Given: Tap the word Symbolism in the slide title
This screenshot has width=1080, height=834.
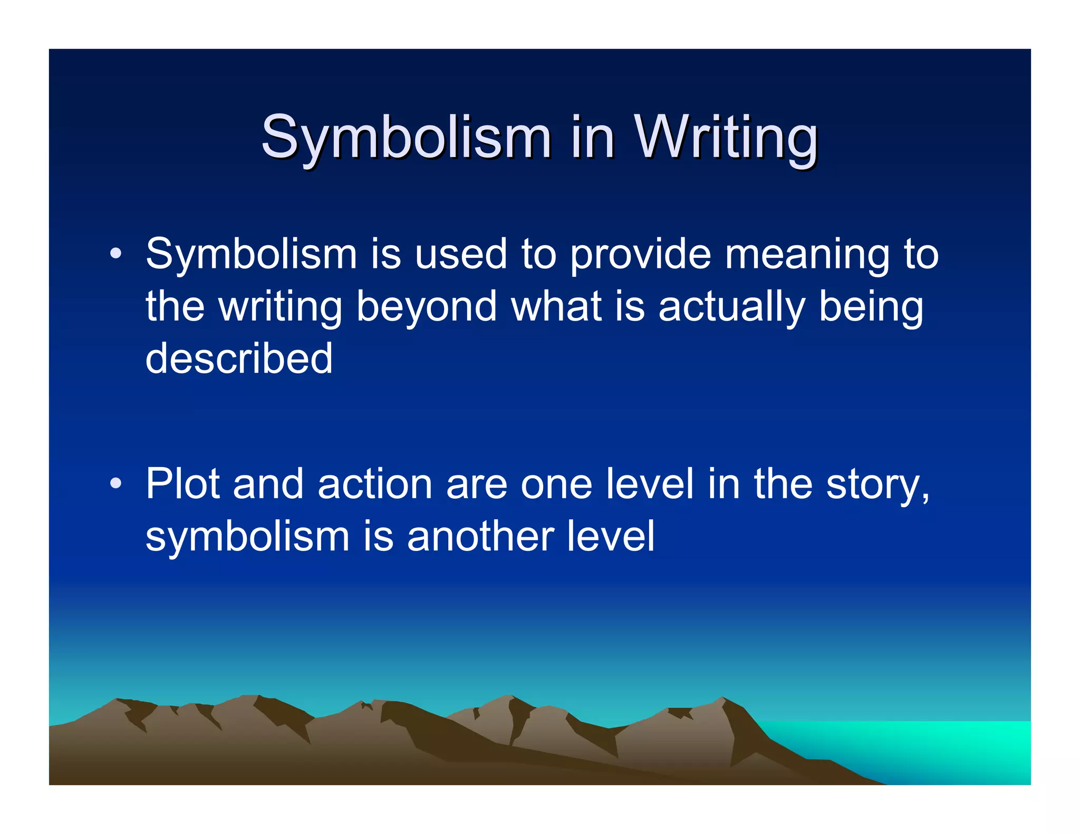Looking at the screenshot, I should [406, 138].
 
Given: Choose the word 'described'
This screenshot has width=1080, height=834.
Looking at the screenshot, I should [239, 358].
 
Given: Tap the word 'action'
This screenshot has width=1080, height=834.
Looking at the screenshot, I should [375, 484].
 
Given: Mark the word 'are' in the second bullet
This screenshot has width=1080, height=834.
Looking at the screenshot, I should [477, 484].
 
